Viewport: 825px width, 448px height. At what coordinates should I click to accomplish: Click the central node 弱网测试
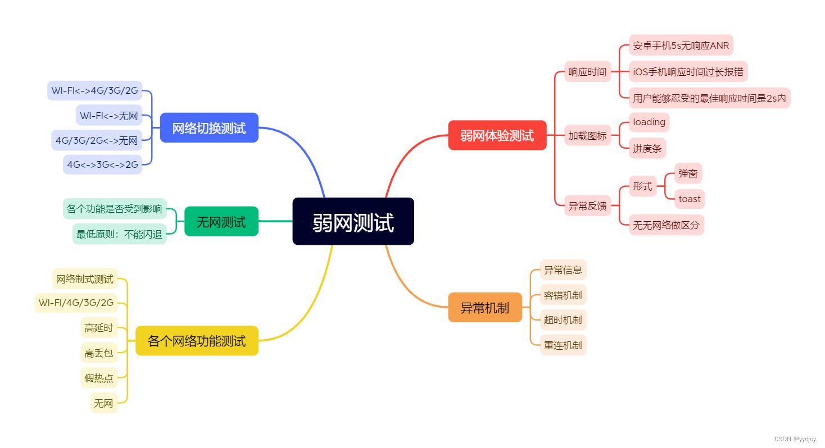[x=353, y=222]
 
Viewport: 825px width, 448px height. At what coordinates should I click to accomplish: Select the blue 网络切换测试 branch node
[x=209, y=128]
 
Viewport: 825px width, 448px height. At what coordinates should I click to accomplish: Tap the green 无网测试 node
[x=221, y=222]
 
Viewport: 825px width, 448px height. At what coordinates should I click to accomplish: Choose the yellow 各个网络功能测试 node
[x=197, y=341]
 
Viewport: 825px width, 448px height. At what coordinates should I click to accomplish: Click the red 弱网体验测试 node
[x=497, y=135]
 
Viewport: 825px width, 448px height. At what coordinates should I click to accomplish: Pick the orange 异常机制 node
[x=484, y=308]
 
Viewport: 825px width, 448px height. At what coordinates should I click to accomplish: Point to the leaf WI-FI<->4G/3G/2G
[x=94, y=90]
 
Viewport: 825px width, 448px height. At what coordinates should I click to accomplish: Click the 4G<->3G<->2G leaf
[x=102, y=164]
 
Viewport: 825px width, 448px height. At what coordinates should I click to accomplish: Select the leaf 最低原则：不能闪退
[x=119, y=234]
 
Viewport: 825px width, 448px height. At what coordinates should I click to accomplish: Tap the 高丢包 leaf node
[x=99, y=353]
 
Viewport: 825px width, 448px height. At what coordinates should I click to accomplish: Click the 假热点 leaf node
[x=99, y=378]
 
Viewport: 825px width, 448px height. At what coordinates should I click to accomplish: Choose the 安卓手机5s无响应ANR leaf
[x=681, y=45]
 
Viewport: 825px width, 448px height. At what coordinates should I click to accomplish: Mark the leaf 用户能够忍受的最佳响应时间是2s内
[x=709, y=98]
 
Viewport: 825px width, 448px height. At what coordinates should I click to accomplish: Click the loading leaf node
[x=649, y=122]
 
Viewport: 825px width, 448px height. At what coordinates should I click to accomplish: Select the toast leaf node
[x=689, y=199]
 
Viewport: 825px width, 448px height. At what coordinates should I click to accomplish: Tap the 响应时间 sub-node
[x=587, y=72]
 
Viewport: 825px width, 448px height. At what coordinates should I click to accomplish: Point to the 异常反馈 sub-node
[x=587, y=205]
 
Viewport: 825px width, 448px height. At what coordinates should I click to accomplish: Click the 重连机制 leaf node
[x=563, y=345]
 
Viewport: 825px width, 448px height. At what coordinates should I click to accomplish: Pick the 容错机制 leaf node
[x=563, y=295]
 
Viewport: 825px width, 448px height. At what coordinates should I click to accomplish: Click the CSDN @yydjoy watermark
[x=795, y=439]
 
